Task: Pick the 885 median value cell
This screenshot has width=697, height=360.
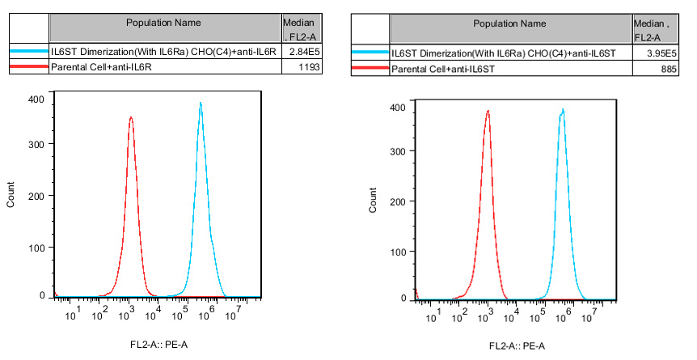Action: pos(653,70)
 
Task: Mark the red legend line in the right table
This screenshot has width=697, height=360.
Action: pos(370,70)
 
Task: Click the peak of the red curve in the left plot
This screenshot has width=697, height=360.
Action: pos(130,117)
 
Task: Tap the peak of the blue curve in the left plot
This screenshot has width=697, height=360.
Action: pos(200,103)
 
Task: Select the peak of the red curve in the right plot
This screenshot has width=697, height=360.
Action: pos(488,111)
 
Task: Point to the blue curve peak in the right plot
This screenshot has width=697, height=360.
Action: pos(562,109)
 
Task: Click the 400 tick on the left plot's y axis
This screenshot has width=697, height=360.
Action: pos(36,99)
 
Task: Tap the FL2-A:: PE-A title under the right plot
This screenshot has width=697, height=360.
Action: pos(517,346)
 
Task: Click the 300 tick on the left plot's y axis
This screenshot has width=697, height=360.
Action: pos(36,143)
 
